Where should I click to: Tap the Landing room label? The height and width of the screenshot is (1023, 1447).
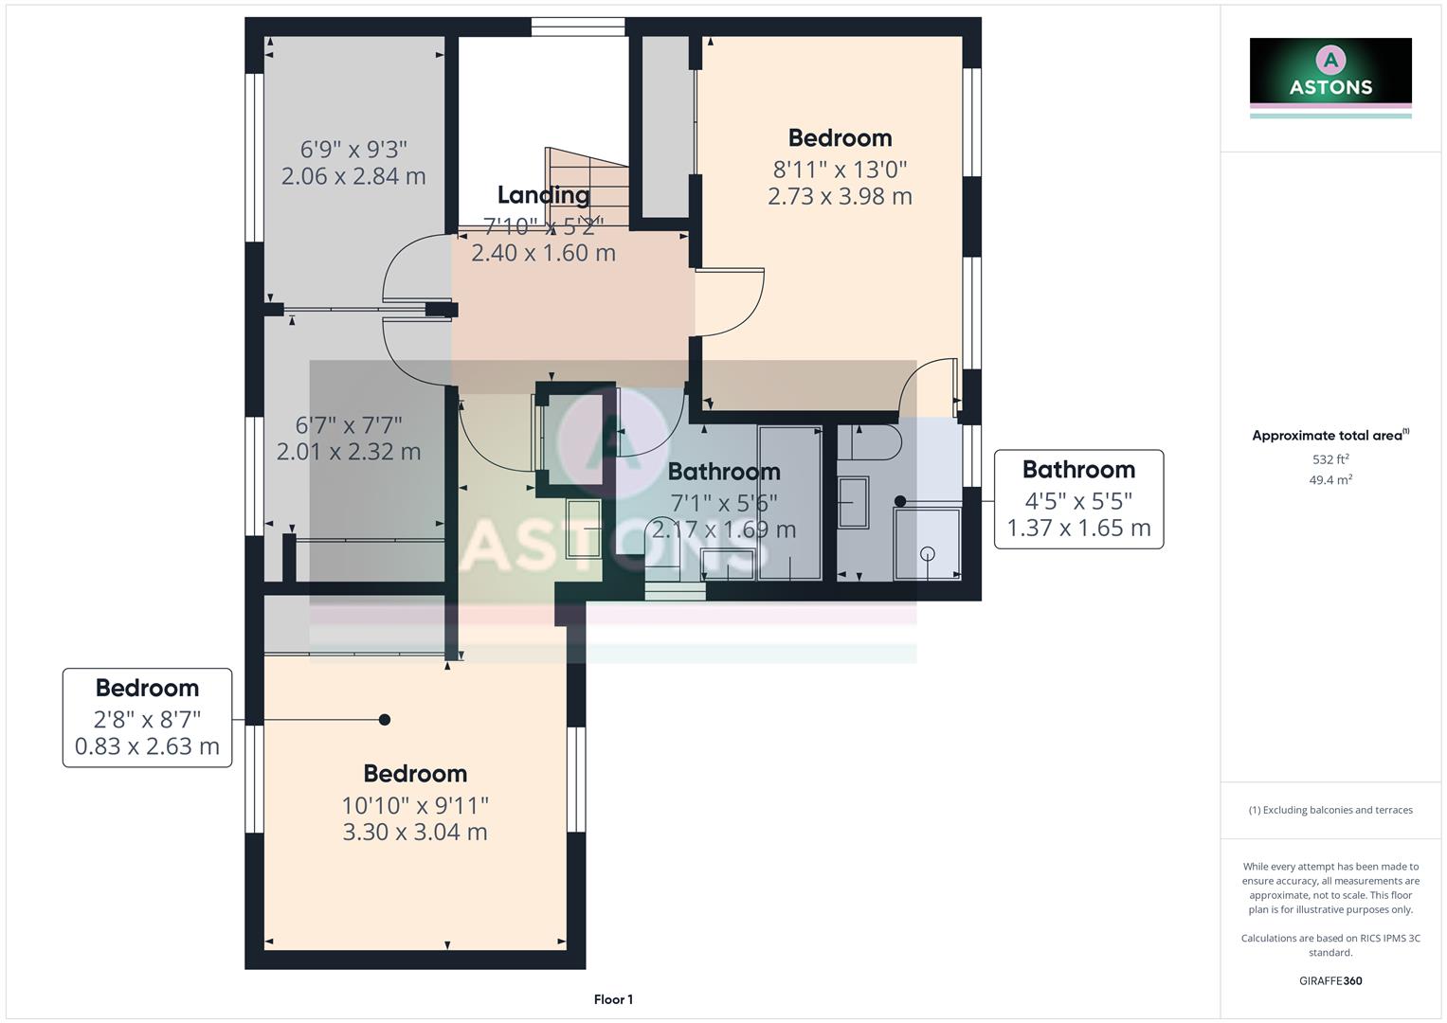(543, 195)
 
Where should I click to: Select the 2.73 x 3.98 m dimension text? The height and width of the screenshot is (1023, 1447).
(840, 196)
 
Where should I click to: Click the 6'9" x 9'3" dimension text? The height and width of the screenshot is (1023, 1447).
(353, 150)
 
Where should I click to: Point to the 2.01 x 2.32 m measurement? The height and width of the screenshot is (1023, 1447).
(348, 452)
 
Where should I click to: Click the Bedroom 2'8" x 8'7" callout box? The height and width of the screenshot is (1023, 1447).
(147, 717)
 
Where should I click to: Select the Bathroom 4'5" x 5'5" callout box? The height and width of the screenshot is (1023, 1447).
(1078, 499)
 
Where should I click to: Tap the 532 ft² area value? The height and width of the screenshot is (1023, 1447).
(1329, 459)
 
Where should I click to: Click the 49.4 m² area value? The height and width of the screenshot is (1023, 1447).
(1329, 480)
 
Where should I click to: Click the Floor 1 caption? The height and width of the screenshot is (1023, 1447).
(613, 999)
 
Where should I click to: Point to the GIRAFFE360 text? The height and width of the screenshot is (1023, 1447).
(1329, 981)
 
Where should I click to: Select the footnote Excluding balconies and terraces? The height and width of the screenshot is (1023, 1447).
(1329, 810)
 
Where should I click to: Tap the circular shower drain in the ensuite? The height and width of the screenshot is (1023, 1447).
(927, 554)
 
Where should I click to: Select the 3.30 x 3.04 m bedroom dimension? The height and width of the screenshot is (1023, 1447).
(415, 833)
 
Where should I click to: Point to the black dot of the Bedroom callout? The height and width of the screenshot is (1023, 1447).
(385, 720)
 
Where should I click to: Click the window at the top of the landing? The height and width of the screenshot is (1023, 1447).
(577, 27)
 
